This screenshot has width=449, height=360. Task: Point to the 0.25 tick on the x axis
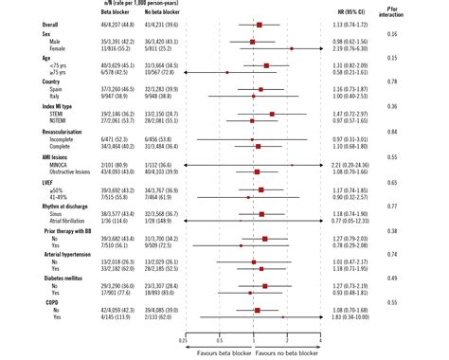point(184,337)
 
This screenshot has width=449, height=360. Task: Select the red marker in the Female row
point(291,47)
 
